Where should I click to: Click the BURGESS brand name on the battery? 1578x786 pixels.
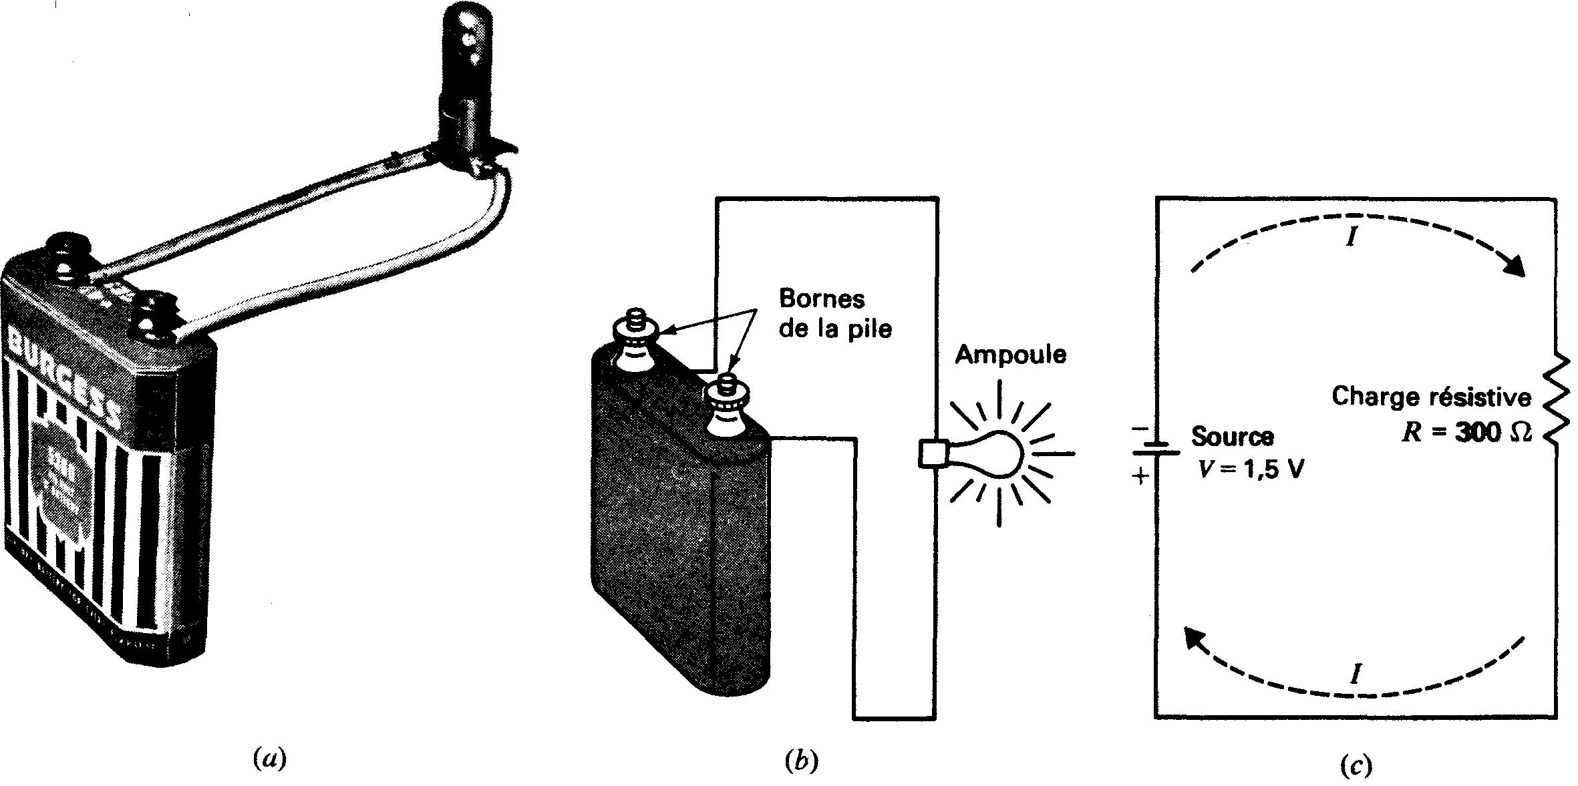(63, 374)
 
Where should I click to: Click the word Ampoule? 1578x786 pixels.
(1010, 355)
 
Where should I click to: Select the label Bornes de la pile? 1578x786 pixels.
(835, 314)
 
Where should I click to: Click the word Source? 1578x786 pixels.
(1232, 437)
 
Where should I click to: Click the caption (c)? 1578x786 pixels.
(1356, 765)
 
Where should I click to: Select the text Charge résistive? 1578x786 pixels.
(1432, 397)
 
